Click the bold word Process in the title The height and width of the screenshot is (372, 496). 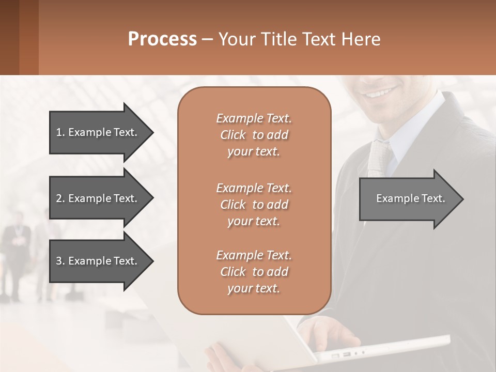click(162, 39)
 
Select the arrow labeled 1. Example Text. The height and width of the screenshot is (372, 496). click(98, 132)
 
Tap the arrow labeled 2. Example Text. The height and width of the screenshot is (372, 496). click(98, 198)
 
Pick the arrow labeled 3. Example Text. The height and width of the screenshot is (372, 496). click(98, 261)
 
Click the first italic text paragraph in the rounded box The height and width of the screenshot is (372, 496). click(254, 135)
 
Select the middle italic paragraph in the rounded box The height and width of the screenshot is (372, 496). click(254, 204)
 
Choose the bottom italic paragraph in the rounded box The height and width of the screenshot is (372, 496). click(254, 272)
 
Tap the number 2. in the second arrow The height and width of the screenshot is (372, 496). click(60, 198)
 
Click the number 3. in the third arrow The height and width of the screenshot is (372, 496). click(60, 261)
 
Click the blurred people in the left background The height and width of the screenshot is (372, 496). click(21, 248)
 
